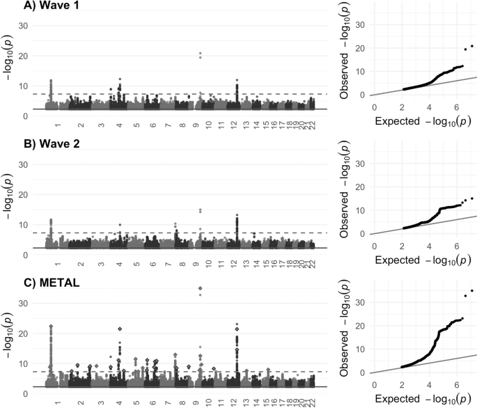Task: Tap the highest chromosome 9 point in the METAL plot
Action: coord(201,288)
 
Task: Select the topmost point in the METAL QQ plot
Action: coord(471,290)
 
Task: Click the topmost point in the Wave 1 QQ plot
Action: coord(471,46)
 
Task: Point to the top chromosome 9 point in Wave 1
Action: coord(201,53)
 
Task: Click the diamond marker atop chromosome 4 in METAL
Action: coord(120,329)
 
